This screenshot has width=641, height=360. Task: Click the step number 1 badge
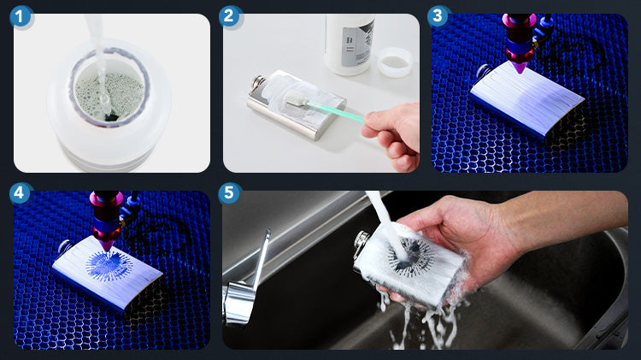[x=20, y=17]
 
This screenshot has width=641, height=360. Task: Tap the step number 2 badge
[x=229, y=17]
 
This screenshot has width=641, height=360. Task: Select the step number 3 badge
[x=438, y=16]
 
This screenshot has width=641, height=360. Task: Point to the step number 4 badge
[x=20, y=193]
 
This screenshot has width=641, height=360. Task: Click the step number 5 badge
[x=229, y=193]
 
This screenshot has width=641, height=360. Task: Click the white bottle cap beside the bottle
[x=395, y=62]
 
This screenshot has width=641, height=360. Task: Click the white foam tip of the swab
[x=295, y=98]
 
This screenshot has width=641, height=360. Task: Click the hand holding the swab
[x=393, y=135]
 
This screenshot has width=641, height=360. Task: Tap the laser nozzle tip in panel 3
[x=520, y=67]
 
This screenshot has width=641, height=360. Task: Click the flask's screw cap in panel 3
[x=484, y=70]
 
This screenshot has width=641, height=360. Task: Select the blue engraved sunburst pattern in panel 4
[x=106, y=265]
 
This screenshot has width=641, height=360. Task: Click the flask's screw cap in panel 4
[x=66, y=246]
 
